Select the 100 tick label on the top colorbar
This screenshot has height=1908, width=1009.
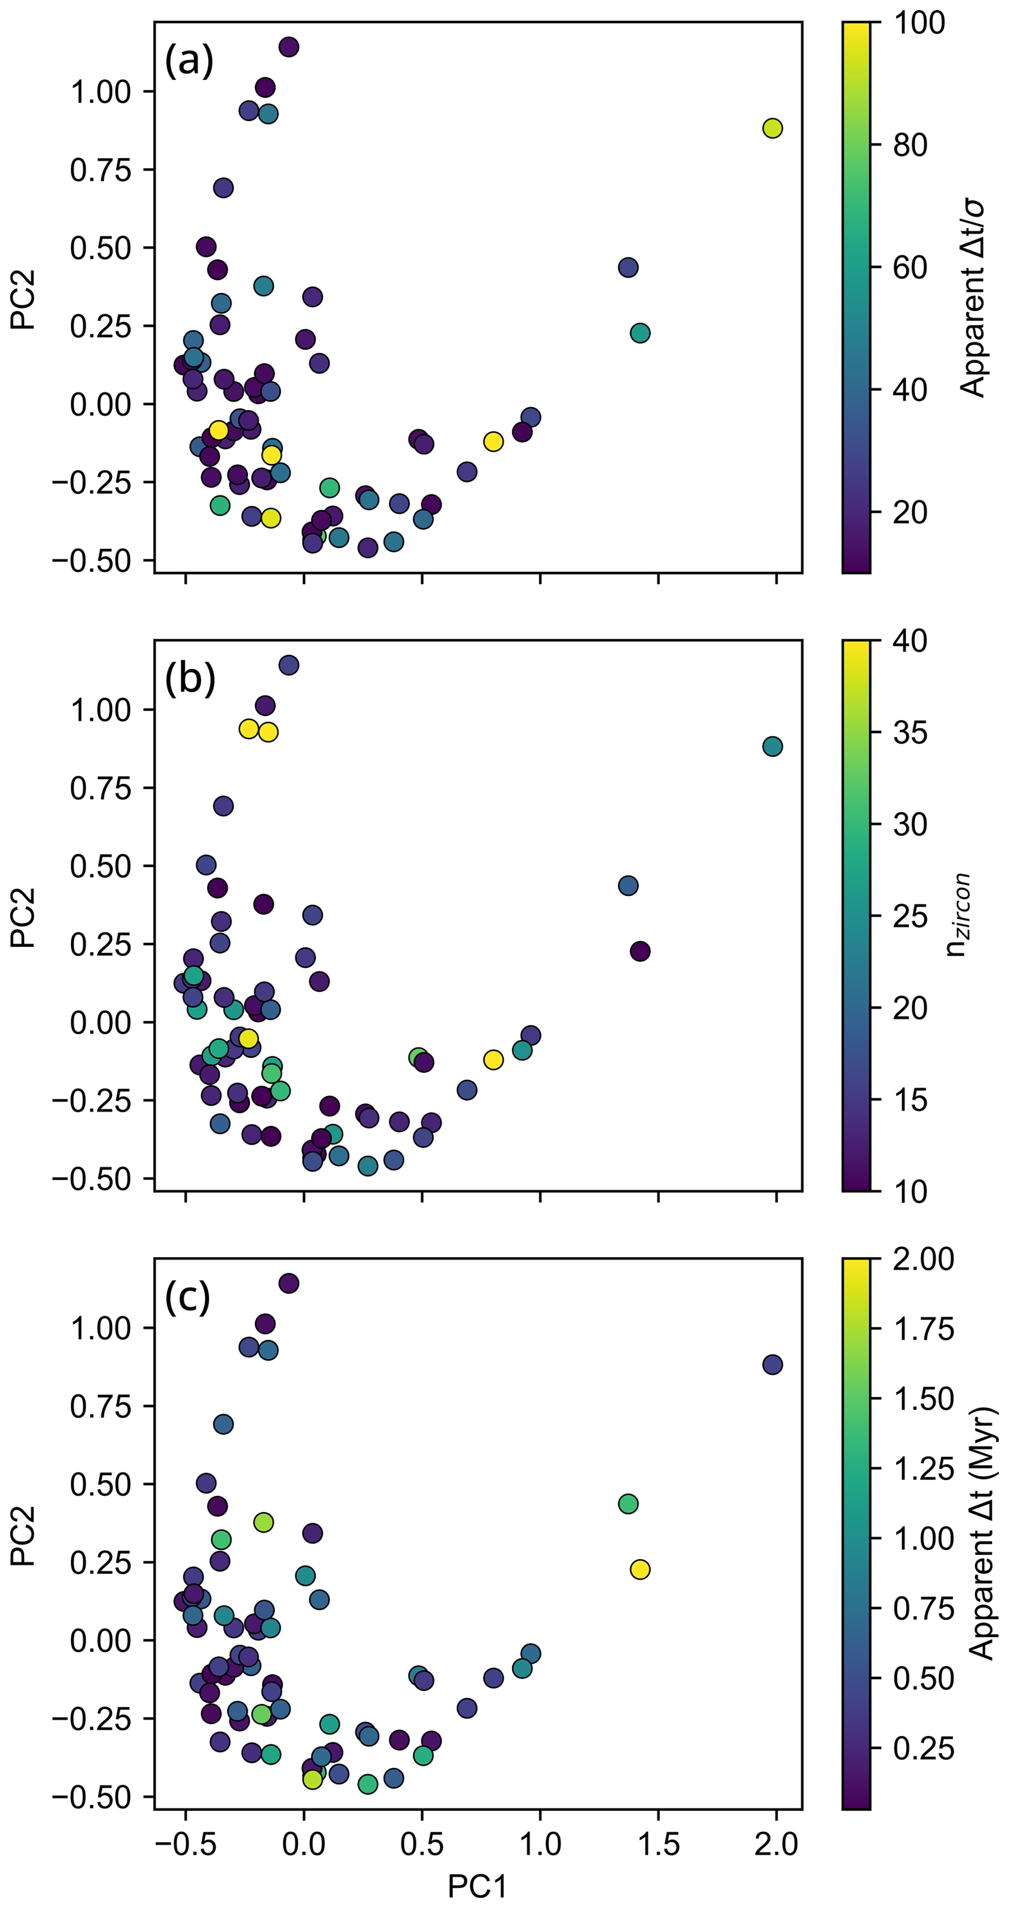pos(919,23)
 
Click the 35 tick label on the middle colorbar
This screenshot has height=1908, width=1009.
pos(910,733)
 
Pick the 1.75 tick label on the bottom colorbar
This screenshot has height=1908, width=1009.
pos(923,1329)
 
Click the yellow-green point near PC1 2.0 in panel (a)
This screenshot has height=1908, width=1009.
pos(772,128)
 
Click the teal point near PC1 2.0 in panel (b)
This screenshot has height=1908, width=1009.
pos(772,746)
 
